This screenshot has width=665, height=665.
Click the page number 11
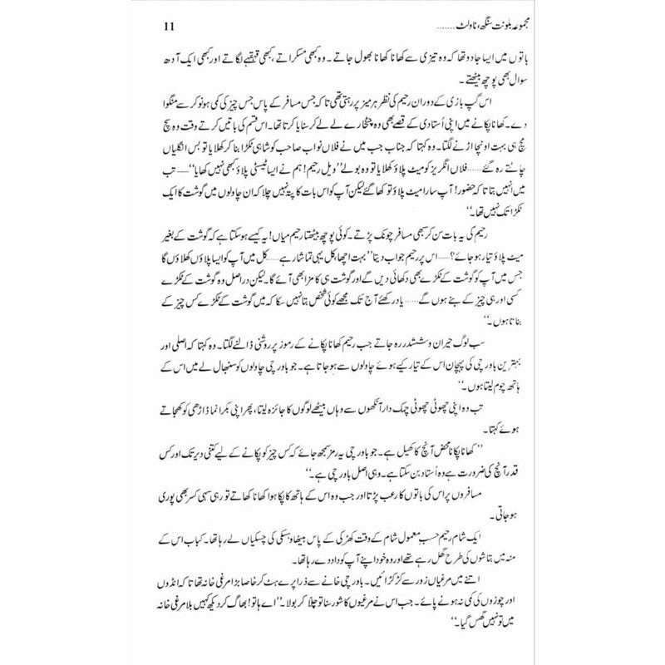[x=137, y=33]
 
